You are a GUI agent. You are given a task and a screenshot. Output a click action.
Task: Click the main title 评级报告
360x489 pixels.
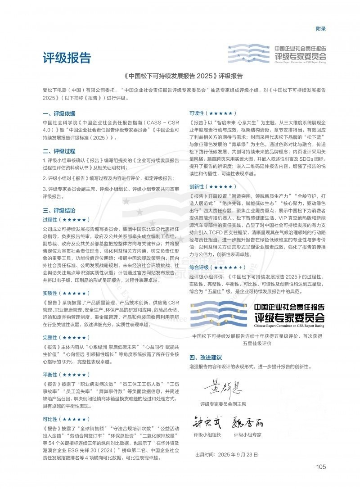pos(67,58)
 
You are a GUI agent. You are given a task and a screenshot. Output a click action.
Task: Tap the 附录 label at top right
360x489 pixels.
pos(320,29)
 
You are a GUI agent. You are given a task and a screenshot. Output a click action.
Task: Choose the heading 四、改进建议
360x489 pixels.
pos(206,358)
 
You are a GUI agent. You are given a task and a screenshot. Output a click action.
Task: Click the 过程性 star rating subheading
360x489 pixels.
pos(65,220)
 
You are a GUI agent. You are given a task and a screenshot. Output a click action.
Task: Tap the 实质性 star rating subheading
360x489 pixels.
pos(65,293)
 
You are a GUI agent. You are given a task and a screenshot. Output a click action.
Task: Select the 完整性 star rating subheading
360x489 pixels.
pos(65,337)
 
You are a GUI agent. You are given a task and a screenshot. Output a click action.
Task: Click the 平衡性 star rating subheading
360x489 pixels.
pos(65,375)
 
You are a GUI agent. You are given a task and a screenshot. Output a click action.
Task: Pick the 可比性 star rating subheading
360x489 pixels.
pos(65,419)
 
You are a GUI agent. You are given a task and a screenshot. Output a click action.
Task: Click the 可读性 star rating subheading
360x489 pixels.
pos(212,113)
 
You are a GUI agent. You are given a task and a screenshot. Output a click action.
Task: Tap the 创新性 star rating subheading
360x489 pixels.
pos(212,186)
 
